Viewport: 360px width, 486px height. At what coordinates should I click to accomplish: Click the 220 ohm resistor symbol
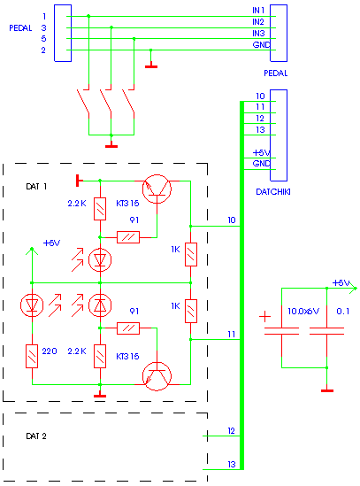[x=32, y=356]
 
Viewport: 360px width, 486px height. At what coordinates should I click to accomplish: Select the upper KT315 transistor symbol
[x=157, y=189]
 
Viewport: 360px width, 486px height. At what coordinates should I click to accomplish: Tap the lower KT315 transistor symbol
[x=157, y=376]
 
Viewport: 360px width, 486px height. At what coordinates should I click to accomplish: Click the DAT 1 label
[x=36, y=187]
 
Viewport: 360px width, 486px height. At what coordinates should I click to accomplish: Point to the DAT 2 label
[x=36, y=436]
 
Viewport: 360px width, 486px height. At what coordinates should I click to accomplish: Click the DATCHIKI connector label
[x=273, y=192]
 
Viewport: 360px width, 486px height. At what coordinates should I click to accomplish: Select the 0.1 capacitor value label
[x=342, y=312]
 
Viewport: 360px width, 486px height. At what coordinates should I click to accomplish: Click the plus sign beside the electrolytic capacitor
[x=264, y=317]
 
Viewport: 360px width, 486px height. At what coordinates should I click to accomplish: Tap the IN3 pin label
[x=258, y=33]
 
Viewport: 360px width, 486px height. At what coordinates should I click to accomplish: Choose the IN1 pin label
[x=258, y=11]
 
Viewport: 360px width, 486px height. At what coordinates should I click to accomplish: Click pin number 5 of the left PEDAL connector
[x=43, y=39]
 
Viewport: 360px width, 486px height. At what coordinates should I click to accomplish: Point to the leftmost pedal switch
[x=83, y=102]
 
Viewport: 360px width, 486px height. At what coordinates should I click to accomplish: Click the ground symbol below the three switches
[x=111, y=144]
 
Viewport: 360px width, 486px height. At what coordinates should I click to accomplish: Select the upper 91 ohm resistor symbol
[x=128, y=237]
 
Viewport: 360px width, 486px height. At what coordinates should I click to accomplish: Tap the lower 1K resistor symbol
[x=191, y=312]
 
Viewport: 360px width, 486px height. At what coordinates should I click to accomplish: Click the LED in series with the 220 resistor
[x=32, y=305]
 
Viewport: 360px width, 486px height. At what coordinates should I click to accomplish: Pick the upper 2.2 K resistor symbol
[x=100, y=209]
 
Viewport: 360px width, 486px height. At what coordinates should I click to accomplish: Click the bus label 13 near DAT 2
[x=232, y=464]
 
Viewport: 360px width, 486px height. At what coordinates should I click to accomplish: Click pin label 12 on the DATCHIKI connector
[x=260, y=119]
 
